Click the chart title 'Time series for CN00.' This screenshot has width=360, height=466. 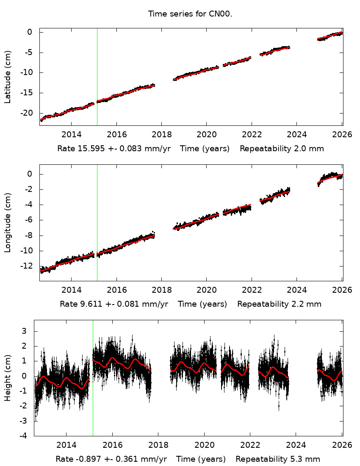coord(190,14)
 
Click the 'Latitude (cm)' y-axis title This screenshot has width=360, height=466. coord(8,77)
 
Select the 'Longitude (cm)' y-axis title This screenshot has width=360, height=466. coord(8,223)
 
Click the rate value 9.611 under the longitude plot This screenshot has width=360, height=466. coord(89,304)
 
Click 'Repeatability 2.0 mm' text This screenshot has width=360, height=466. coord(282,149)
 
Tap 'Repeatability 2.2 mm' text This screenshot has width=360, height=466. coord(279,304)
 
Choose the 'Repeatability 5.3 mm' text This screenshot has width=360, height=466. coord(278,459)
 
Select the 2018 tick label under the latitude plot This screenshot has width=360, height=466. coord(162,135)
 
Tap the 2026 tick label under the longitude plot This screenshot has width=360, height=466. coord(342,290)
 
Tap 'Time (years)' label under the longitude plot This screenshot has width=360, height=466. coord(202,304)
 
